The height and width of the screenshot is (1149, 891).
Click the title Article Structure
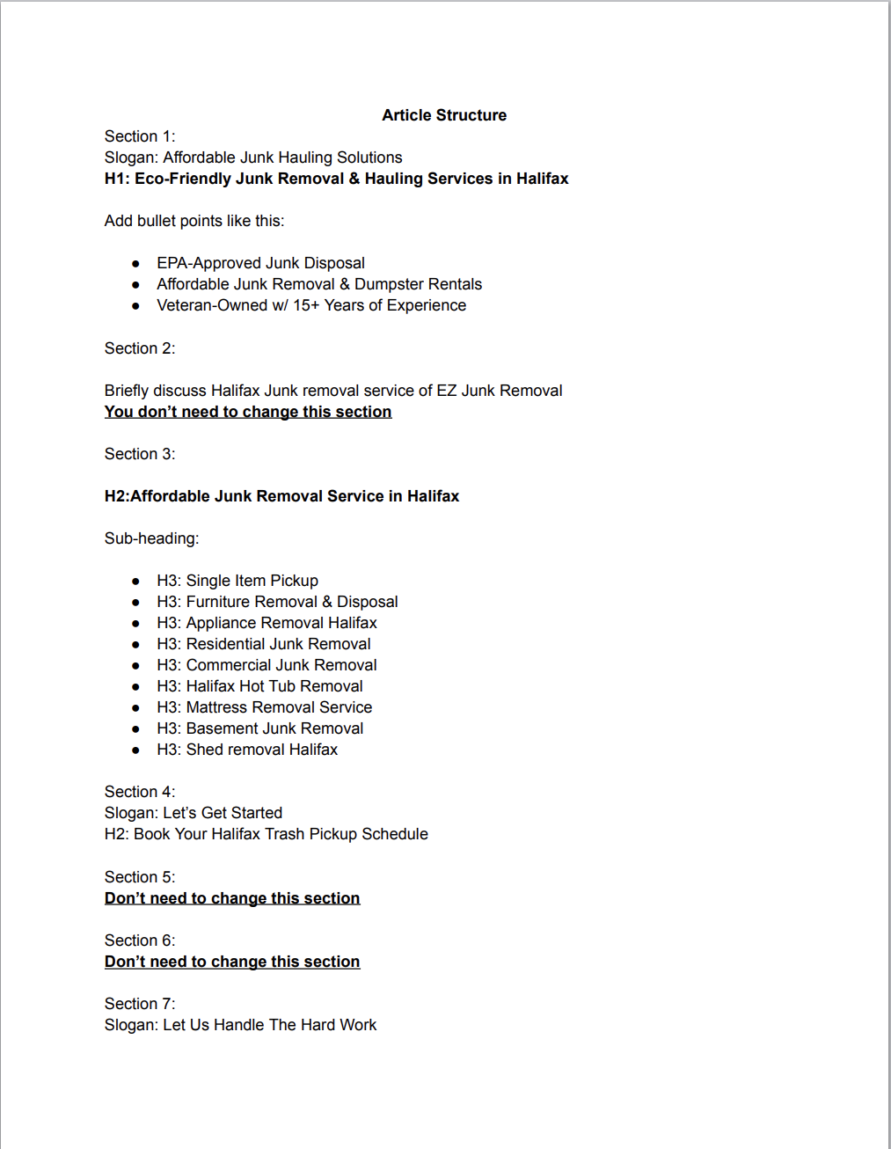[444, 115]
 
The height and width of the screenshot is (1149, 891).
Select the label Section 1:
[140, 136]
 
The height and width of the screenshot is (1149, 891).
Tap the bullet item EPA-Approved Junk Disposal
[260, 263]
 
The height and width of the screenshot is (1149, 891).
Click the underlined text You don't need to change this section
[248, 412]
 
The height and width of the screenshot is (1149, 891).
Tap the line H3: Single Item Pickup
[237, 581]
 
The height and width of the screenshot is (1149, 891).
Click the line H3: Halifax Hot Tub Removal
[259, 686]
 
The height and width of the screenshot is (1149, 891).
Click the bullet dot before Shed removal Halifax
[135, 750]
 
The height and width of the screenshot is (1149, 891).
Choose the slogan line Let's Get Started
[194, 813]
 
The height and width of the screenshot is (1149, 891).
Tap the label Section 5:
[140, 877]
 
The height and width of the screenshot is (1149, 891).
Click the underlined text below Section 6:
[232, 962]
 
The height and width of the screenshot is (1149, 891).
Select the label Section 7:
[140, 1004]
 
